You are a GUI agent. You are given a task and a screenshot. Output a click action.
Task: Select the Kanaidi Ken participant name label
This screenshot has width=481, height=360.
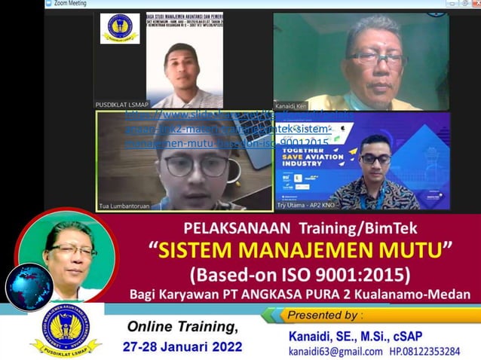tap(290, 105)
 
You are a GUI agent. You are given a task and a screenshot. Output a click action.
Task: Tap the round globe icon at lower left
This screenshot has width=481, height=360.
tap(29, 288)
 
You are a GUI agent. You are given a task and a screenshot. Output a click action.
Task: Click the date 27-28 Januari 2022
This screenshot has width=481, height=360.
tap(183, 347)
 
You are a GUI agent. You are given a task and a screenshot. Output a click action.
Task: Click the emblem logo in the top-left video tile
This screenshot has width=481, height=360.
tap(121, 28)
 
